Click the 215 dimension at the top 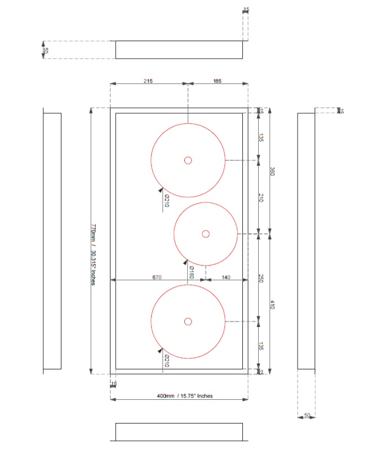click(x=148, y=81)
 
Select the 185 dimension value click(x=217, y=81)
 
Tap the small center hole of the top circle click(x=188, y=160)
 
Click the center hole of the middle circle click(x=206, y=233)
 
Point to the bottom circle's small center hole click(x=188, y=321)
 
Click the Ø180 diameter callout click(x=192, y=272)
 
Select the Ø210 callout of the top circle click(x=167, y=200)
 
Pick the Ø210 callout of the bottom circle click(x=167, y=361)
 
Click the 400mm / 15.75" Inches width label click(x=184, y=396)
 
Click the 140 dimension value click(x=226, y=277)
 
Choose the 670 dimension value click(x=157, y=277)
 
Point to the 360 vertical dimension click(x=272, y=171)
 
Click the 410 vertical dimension click(x=272, y=305)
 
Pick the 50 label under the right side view click(x=307, y=415)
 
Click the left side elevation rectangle click(x=52, y=241)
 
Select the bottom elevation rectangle click(x=179, y=431)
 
